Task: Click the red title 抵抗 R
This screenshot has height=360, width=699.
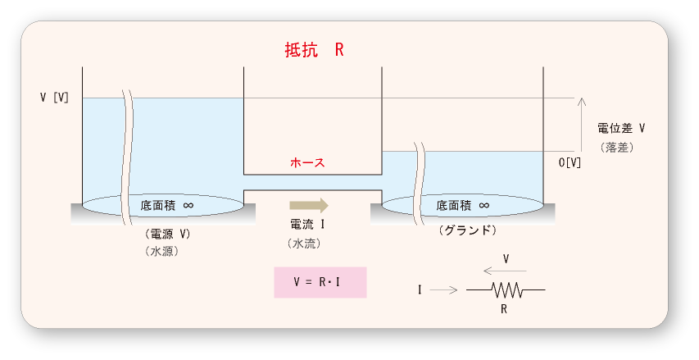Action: pos(314,49)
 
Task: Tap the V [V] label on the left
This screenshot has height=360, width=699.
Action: pos(54,98)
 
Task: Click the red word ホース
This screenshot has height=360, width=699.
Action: pos(308,162)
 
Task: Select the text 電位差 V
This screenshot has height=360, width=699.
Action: pos(621,129)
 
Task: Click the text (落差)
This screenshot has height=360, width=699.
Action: pos(616,148)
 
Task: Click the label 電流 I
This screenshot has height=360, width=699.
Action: pos(308,224)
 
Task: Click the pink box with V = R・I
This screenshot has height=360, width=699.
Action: pos(320,281)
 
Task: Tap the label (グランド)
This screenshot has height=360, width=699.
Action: pos(468,230)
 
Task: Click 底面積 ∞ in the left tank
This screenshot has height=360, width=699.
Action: pos(167,204)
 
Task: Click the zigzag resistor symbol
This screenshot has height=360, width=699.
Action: pos(506,289)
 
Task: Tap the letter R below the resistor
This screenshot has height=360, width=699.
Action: pos(506,309)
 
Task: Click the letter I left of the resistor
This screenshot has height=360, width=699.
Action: pos(420,289)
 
